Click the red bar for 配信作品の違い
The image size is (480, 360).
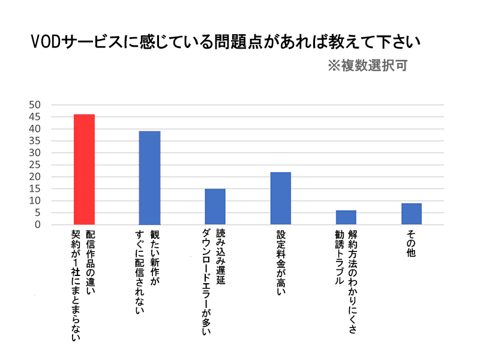(x=84, y=169)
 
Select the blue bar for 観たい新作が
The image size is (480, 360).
(x=149, y=178)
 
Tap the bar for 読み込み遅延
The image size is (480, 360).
(x=215, y=206)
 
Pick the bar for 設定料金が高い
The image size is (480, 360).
(x=281, y=198)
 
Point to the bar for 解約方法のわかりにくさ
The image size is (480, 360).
(x=346, y=217)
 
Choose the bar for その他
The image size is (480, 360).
(x=412, y=214)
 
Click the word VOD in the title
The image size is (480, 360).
(x=47, y=43)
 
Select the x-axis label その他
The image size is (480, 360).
(x=412, y=244)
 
